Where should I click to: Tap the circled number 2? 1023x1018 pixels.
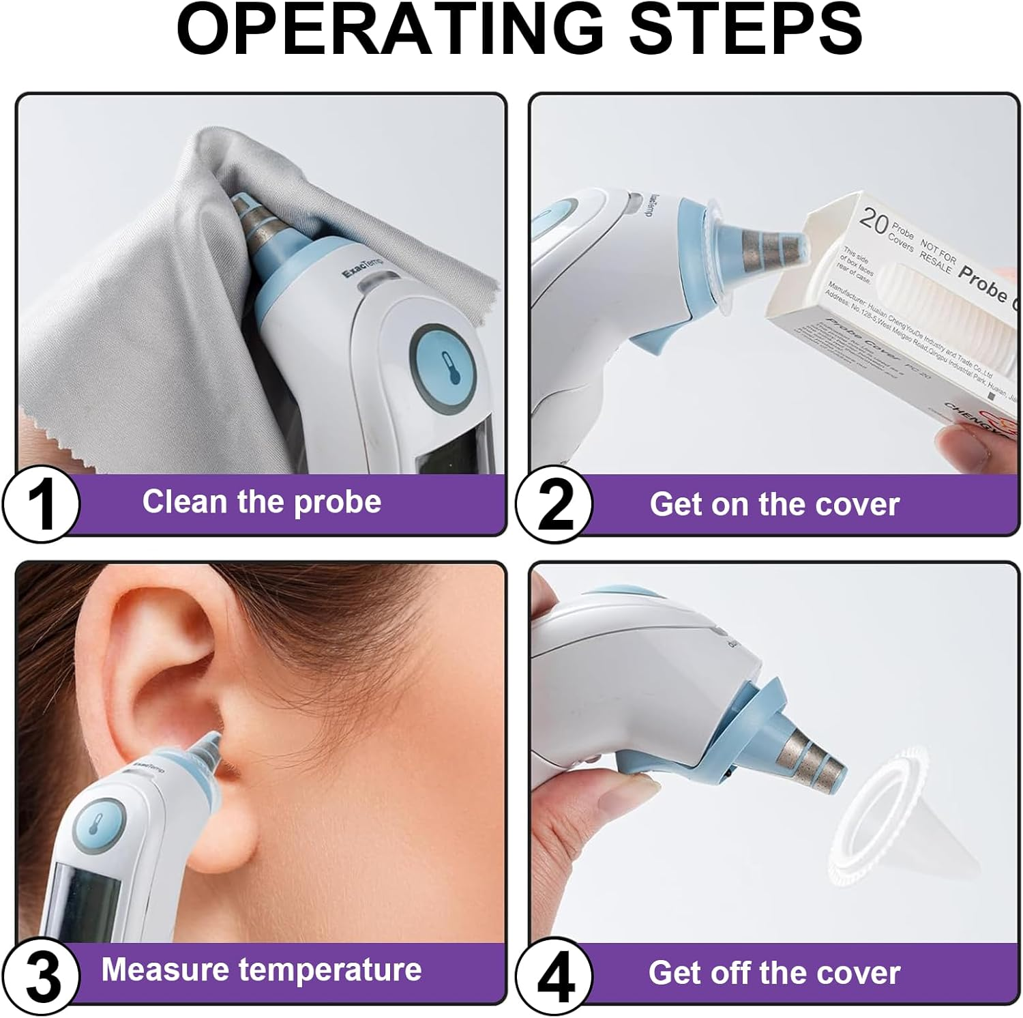[x=554, y=506]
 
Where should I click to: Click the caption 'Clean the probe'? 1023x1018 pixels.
[x=262, y=502]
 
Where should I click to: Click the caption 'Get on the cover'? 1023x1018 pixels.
[x=774, y=505]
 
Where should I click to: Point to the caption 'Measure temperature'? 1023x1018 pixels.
[x=261, y=970]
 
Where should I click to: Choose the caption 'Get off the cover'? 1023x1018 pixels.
[x=774, y=973]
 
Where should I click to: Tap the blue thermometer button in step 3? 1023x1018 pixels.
[x=98, y=827]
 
